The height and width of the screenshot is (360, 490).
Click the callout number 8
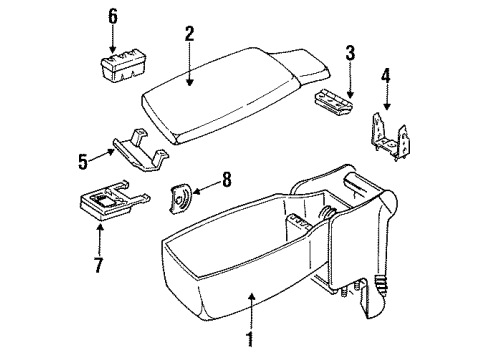point(226,181)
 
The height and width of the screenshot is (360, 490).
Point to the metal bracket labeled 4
point(389,130)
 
